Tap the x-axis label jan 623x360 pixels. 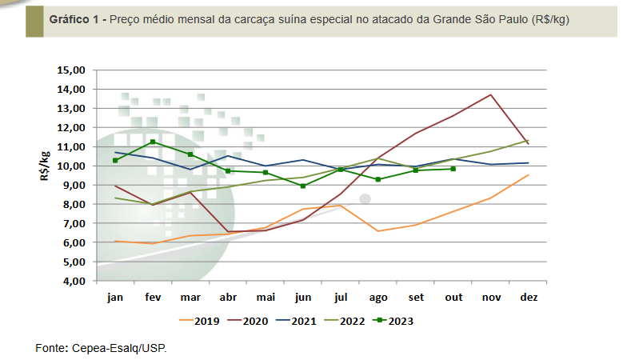[116, 298]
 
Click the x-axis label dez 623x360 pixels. [529, 298]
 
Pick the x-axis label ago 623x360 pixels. [378, 298]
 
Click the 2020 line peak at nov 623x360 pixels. [490, 94]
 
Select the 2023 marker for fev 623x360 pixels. [153, 142]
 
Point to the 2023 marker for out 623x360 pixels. [453, 169]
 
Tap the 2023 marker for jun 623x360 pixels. [303, 186]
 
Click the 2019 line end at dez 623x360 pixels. [529, 175]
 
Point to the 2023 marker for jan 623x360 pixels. [115, 160]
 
